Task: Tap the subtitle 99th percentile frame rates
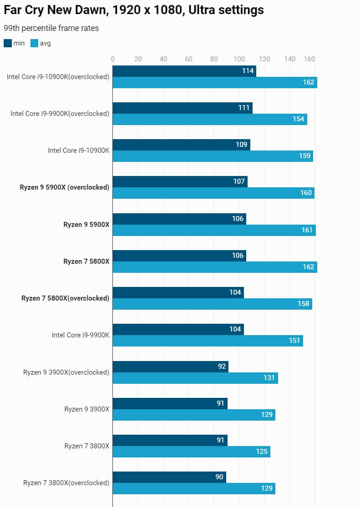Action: pos(51,28)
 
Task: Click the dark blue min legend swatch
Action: pos(8,43)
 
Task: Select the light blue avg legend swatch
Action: pos(35,43)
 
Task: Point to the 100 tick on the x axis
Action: pos(239,59)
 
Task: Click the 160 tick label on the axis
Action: pos(309,59)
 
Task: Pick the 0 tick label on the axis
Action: pos(113,59)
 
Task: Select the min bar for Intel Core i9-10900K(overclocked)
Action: pos(184,71)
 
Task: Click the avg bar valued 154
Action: pos(210,119)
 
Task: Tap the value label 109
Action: pos(242,145)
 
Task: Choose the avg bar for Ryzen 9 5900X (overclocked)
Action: pos(213,193)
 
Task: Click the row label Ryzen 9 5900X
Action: pos(86,224)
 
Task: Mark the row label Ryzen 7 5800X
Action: pos(86,261)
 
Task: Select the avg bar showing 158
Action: pos(212,304)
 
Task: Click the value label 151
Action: pos(294,341)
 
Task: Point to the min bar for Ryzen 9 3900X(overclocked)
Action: pos(170,366)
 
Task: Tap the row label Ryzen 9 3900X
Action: pos(87,409)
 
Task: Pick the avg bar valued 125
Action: pos(191,452)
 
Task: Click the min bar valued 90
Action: pos(169,477)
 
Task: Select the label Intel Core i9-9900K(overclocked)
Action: pos(60,113)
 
